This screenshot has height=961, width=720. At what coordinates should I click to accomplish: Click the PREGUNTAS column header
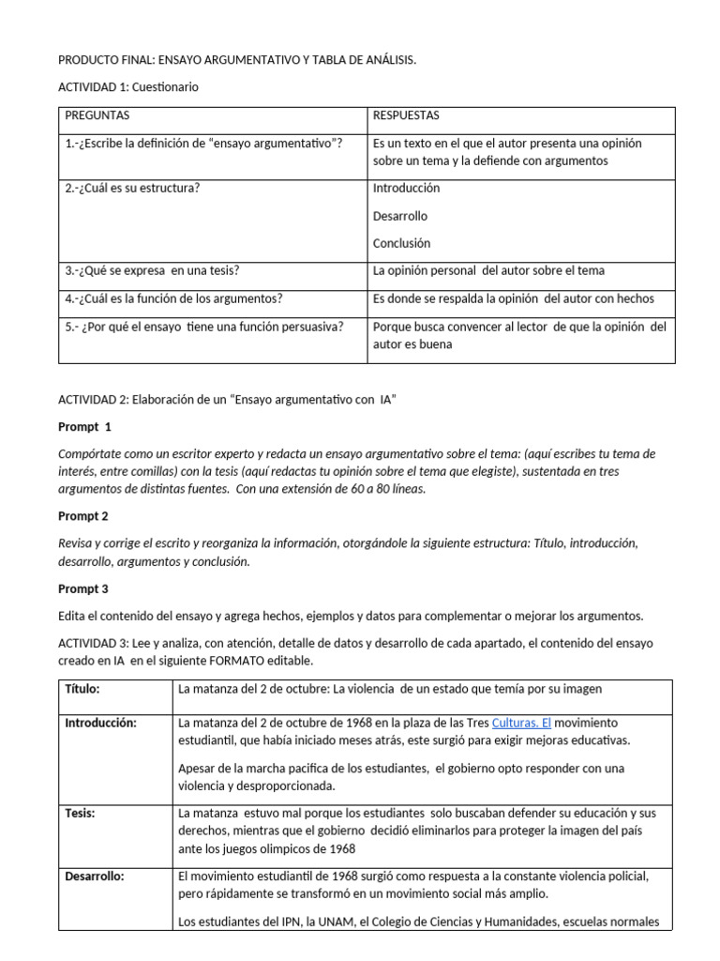tap(97, 115)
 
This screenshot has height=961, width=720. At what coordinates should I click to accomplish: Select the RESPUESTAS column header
tap(406, 115)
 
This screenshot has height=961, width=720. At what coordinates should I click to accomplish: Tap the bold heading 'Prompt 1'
tap(84, 427)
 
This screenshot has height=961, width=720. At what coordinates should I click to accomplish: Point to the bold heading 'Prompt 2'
tap(84, 516)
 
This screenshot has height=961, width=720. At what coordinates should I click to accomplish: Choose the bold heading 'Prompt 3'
tap(84, 589)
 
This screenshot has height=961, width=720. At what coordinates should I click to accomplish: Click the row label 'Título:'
tap(82, 689)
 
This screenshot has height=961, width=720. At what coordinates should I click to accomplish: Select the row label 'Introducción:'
tap(101, 724)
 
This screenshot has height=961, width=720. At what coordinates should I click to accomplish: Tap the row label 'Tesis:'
tap(81, 812)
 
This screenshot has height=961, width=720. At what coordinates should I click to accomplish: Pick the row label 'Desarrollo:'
tap(95, 877)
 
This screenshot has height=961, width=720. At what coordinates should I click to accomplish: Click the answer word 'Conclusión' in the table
tap(401, 243)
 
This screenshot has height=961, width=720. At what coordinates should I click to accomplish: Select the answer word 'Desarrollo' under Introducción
tap(400, 216)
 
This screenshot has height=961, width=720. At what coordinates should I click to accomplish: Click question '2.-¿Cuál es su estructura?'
tap(132, 188)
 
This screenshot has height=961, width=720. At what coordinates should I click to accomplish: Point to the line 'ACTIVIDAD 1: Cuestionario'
tap(128, 87)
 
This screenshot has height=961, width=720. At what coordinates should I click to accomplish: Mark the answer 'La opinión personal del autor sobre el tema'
tap(488, 270)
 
